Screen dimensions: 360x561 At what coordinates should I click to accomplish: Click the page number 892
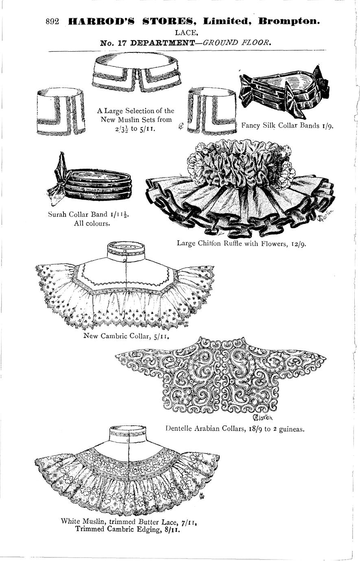(x=52, y=22)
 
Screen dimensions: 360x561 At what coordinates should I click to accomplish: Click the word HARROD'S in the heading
(x=101, y=22)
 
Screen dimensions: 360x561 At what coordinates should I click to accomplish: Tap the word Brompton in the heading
(x=289, y=22)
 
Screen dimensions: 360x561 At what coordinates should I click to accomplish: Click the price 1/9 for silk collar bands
(x=328, y=126)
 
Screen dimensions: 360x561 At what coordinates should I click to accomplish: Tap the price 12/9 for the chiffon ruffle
(x=299, y=244)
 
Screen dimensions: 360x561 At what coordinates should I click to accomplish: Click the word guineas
(x=292, y=429)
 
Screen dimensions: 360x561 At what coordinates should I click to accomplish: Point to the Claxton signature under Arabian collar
(x=262, y=417)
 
